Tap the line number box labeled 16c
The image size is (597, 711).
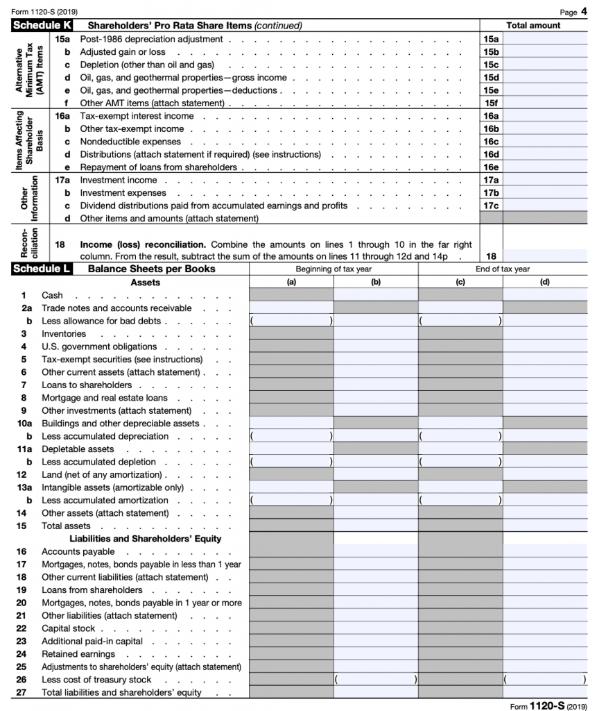[x=491, y=142]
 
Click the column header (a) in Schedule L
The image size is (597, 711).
[x=291, y=283]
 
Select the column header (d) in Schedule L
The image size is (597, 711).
[x=544, y=283]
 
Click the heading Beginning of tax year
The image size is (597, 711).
[x=334, y=269]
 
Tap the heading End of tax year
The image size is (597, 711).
[x=503, y=269]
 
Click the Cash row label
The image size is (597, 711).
[x=53, y=295]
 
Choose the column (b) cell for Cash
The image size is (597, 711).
[x=376, y=295]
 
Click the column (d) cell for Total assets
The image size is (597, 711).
[x=545, y=526]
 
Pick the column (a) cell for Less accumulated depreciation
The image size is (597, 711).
[x=291, y=437]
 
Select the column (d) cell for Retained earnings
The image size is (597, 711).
[x=545, y=654]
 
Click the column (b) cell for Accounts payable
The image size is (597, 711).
[x=376, y=551]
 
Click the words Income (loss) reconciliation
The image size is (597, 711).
[x=143, y=244]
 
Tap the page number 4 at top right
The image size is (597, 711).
[x=583, y=11]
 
